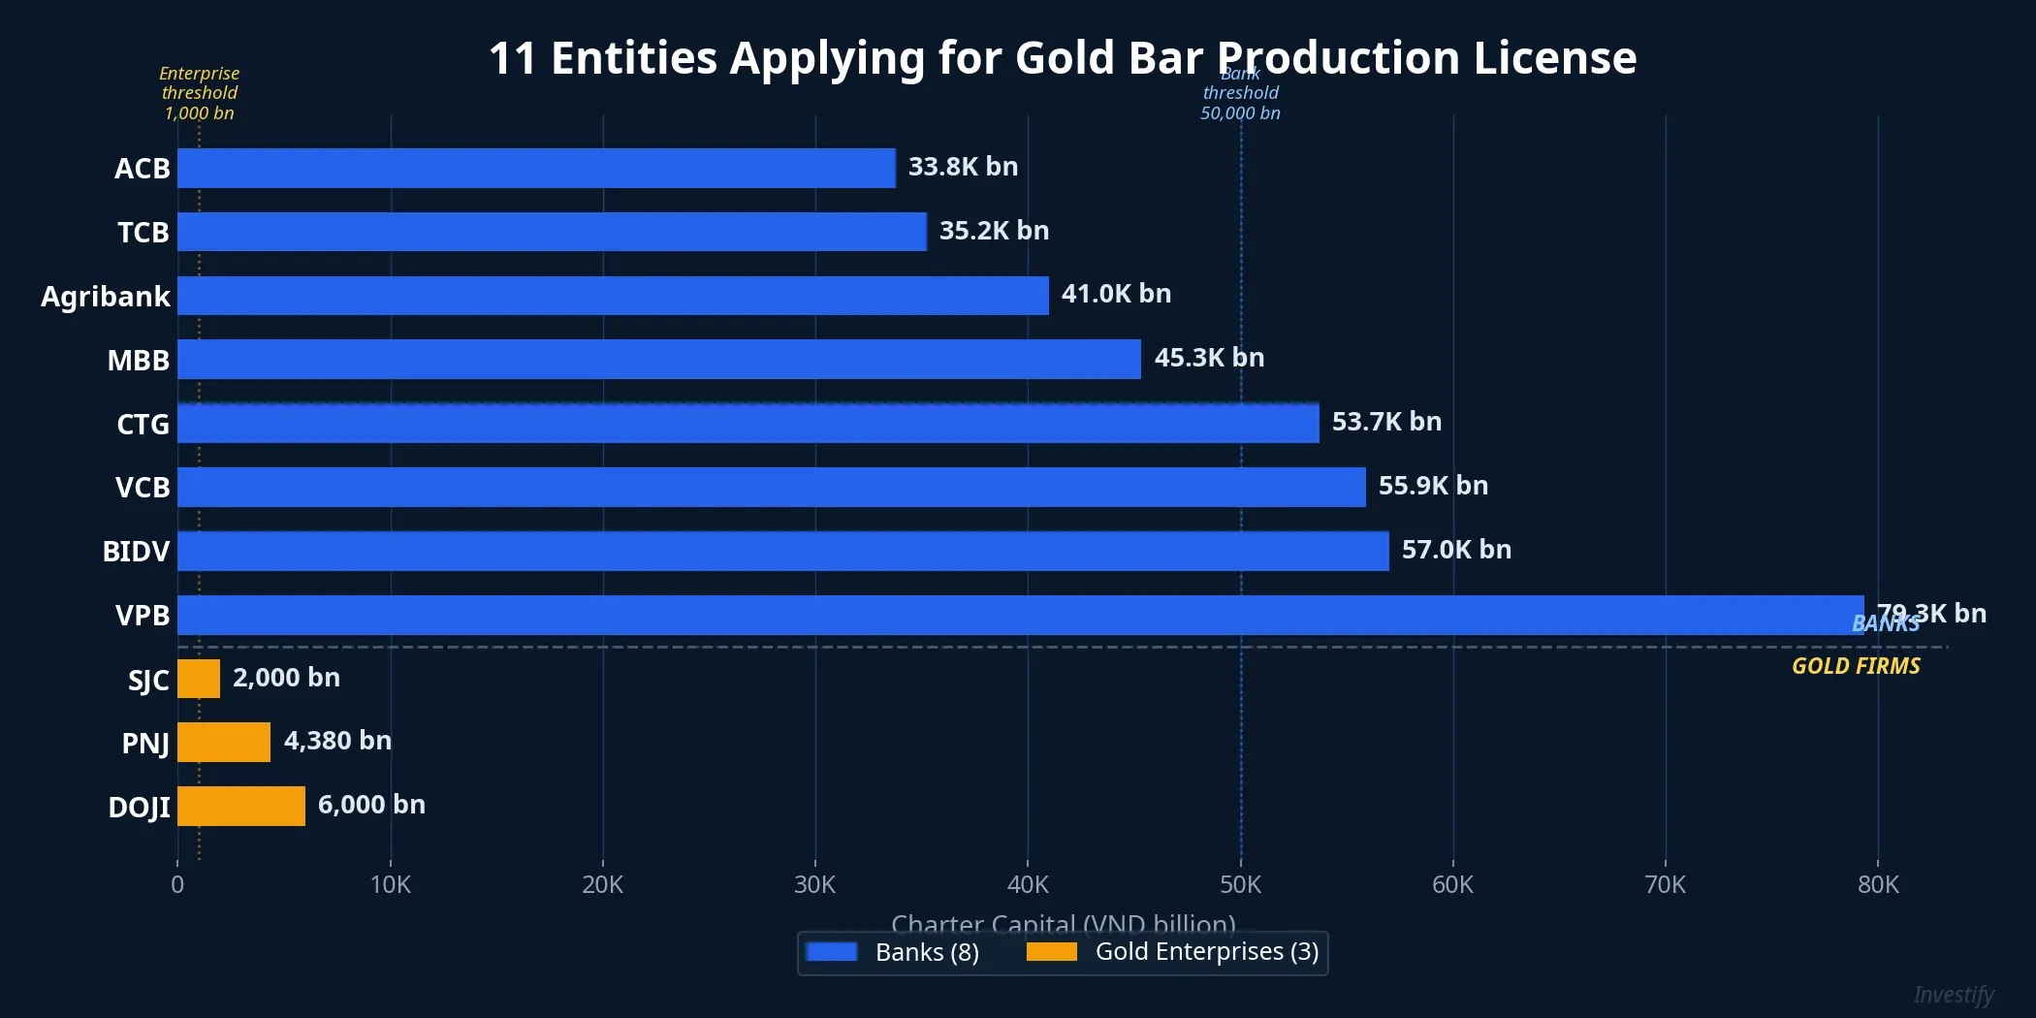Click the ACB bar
click(536, 168)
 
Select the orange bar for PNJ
click(224, 742)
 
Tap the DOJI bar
click(241, 806)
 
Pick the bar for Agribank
click(613, 296)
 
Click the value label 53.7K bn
click(1386, 422)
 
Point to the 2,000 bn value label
click(286, 678)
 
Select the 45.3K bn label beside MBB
click(1209, 358)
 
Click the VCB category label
click(143, 487)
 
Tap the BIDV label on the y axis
click(136, 551)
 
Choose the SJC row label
click(148, 680)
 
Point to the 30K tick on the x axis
click(814, 884)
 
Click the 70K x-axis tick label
click(1665, 884)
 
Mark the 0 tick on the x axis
click(177, 884)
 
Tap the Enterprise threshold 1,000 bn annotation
click(199, 93)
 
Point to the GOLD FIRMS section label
click(1855, 666)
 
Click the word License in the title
click(1554, 57)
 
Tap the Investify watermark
click(1953, 995)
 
